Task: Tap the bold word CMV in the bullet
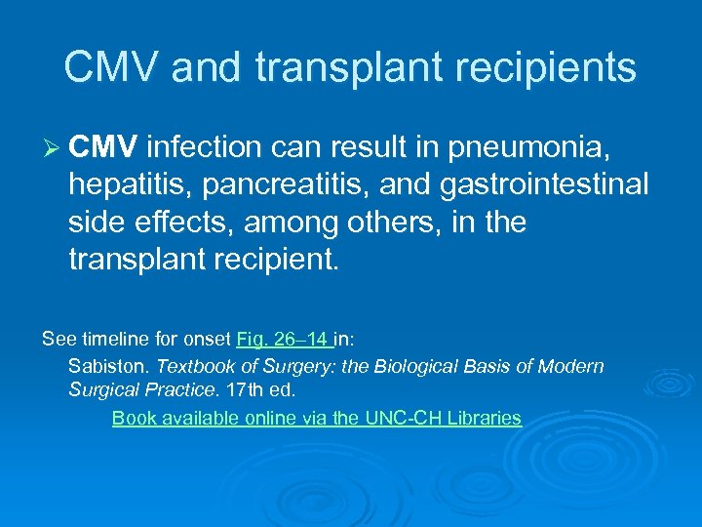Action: (105, 147)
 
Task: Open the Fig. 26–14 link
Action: (286, 341)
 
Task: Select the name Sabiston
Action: (109, 366)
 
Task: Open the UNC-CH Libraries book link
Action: (317, 419)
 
